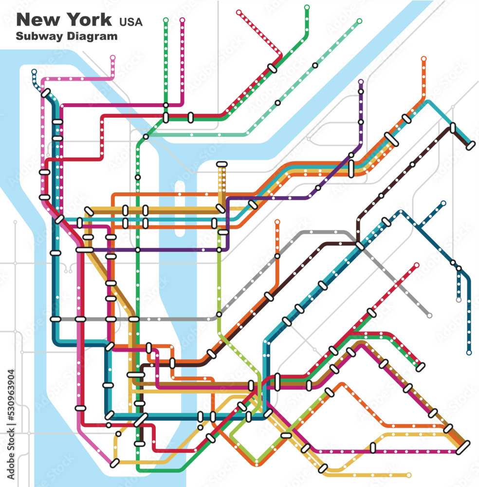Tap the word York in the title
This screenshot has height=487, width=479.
coord(89,20)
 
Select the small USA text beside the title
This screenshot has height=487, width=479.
coord(131,21)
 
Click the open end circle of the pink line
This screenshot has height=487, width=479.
coord(113,57)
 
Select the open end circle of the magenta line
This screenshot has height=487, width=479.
coord(183,20)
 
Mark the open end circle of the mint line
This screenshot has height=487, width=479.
coord(359,21)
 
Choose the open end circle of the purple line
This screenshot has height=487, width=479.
coord(361,82)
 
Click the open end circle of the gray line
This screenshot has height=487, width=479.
coord(429,316)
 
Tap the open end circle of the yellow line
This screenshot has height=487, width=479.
coord(408,475)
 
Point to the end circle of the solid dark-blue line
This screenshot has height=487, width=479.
coord(469,352)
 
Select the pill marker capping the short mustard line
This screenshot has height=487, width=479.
coord(221,165)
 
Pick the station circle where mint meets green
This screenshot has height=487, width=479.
coord(146,137)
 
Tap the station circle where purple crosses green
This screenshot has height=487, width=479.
coord(138,250)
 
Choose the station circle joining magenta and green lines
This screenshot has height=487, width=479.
coord(166,105)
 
